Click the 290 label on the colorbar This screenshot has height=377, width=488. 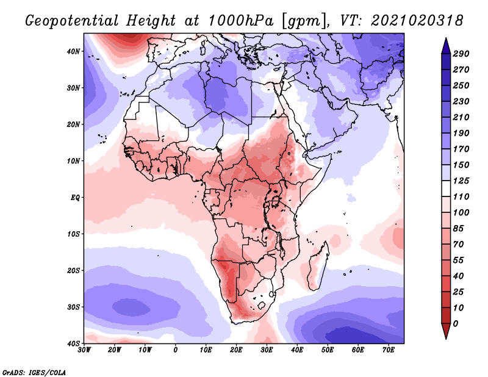coord(461,54)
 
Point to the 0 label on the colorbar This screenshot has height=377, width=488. coord(456,323)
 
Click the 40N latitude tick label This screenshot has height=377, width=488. coord(73,51)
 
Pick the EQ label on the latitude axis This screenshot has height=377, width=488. coord(74,198)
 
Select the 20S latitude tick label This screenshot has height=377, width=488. coord(73,270)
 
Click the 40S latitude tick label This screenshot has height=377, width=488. coord(73,343)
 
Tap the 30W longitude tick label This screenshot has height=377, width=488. coord(84,351)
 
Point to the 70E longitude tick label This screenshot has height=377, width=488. coord(388,351)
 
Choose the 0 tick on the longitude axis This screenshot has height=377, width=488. coord(176,351)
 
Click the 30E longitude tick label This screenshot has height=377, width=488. coord(267,351)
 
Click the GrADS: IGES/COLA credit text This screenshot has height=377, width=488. coord(34,372)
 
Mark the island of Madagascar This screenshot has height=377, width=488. coord(318,268)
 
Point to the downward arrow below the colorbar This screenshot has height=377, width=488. coord(446,331)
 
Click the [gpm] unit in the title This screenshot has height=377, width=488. coord(303,21)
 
